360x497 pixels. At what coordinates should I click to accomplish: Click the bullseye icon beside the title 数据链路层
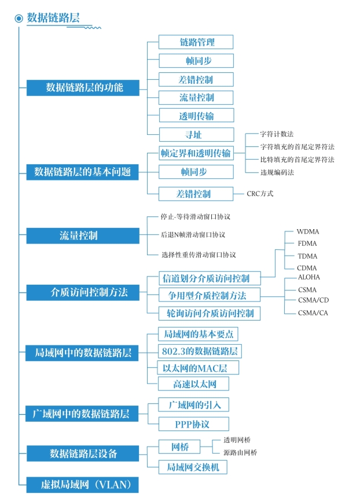19,19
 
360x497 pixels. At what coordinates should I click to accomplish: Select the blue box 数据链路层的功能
83,88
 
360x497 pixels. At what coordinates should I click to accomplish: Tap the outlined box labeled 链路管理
196,42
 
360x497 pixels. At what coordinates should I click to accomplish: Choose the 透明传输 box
197,115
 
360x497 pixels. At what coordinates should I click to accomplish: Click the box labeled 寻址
197,134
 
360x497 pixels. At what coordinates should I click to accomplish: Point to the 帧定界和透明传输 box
196,153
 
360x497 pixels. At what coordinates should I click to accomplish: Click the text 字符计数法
277,134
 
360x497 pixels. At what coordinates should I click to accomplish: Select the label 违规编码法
277,172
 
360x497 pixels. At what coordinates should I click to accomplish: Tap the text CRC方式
260,194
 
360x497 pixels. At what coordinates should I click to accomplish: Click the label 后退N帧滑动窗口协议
193,235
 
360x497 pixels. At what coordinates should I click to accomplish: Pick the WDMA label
308,231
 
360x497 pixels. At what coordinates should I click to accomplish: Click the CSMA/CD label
313,300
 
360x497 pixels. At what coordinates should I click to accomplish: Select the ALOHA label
309,277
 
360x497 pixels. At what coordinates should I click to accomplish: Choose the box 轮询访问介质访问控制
210,313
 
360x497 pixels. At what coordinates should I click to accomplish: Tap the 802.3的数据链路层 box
200,351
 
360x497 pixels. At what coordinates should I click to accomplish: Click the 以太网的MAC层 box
199,367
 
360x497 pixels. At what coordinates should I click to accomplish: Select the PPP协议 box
193,424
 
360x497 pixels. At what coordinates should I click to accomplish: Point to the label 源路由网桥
240,452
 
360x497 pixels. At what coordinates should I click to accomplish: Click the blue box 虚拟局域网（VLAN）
82,485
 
